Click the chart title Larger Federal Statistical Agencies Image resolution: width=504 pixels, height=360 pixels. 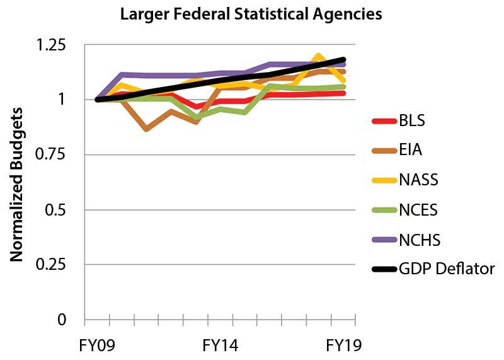tap(251, 14)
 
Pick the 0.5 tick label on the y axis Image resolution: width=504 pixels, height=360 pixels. tap(56, 210)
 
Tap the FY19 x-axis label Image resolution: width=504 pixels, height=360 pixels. tap(343, 346)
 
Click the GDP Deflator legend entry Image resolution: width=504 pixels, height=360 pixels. tap(446, 269)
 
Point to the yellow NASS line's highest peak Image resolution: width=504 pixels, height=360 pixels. tap(319, 57)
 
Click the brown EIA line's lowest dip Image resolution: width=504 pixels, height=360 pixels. tap(146, 129)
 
